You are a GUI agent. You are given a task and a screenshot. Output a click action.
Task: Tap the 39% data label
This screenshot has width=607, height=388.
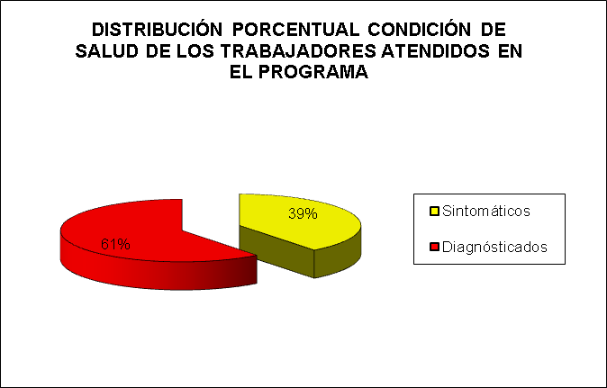tap(303, 213)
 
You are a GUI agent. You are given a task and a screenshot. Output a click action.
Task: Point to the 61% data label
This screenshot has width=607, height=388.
tap(115, 244)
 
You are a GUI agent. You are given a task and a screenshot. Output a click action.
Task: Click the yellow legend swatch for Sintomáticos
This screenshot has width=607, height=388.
tap(434, 212)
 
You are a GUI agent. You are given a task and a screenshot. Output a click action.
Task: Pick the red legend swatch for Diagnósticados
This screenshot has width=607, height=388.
tap(434, 247)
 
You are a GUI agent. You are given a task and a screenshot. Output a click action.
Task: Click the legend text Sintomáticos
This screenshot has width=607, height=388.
tap(486, 212)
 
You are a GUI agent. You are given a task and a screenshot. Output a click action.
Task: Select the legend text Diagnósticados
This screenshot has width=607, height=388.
tap(494, 247)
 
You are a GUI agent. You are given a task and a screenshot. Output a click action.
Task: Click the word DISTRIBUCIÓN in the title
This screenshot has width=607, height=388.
tap(158, 29)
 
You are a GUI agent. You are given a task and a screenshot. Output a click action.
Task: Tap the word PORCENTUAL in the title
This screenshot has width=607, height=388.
tap(296, 30)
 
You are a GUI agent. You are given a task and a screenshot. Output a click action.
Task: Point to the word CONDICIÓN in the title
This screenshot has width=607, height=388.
tap(420, 29)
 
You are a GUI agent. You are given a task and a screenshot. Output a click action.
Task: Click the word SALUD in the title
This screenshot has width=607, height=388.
tap(107, 51)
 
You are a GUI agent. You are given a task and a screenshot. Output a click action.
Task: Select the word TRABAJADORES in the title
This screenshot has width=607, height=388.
tap(299, 51)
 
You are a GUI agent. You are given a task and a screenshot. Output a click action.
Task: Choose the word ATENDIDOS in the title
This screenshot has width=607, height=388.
tap(436, 51)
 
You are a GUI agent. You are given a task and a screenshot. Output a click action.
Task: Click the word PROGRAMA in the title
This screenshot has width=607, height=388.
tap(313, 72)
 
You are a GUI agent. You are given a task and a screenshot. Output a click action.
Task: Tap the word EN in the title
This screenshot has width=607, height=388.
tap(511, 51)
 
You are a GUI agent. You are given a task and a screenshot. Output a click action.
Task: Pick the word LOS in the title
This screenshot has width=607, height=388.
tap(195, 51)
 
